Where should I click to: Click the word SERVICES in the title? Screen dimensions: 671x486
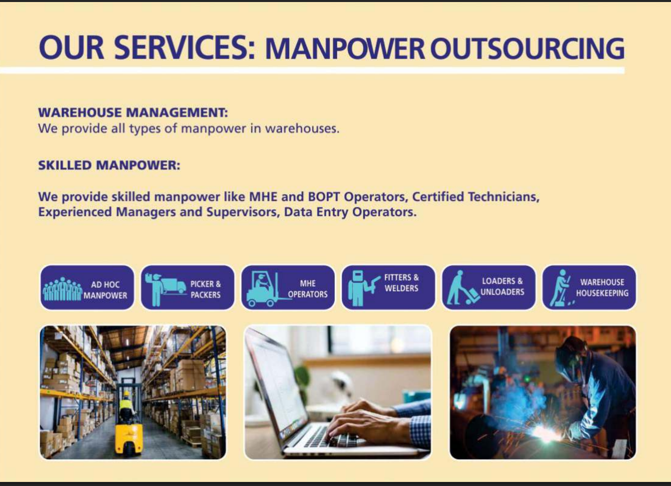[184, 47]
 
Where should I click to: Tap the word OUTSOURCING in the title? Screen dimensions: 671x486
[527, 48]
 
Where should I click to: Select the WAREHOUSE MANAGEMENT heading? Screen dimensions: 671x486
[133, 113]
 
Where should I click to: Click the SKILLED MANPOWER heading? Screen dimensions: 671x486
[109, 165]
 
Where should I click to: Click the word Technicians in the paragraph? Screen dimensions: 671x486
[504, 196]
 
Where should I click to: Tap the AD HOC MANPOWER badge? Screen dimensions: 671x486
[87, 288]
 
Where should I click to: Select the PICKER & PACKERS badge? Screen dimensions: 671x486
[188, 288]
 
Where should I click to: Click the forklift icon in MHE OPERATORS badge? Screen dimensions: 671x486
[263, 289]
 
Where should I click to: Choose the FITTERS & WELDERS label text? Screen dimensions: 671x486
[401, 283]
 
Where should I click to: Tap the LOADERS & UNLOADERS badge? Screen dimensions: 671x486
[489, 288]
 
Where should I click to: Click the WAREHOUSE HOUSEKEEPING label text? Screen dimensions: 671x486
[602, 288]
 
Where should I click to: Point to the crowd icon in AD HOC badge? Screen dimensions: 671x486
[62, 289]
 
